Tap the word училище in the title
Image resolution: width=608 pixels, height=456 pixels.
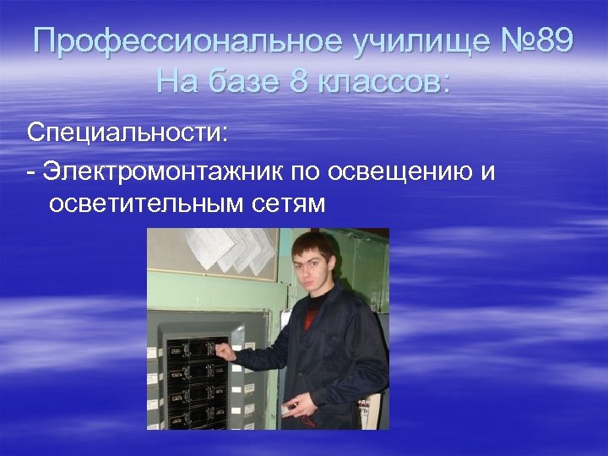[x=406, y=41]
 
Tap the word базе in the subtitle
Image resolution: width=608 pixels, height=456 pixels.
[x=246, y=82]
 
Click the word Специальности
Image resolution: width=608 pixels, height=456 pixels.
[x=127, y=133]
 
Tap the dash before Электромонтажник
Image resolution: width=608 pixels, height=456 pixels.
[x=30, y=172]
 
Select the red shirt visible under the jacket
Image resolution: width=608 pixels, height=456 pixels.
[x=312, y=318]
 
